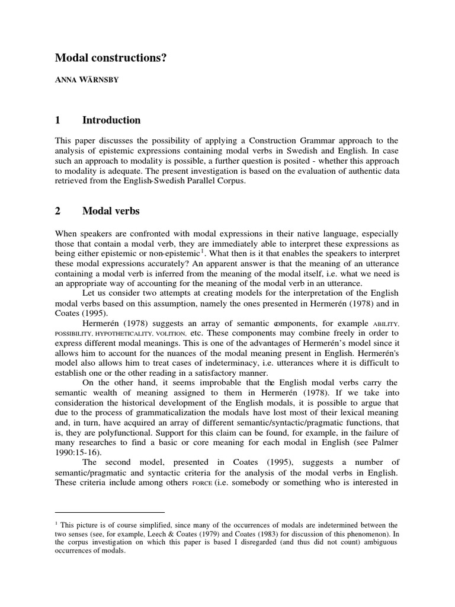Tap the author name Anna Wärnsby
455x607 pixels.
pyautogui.click(x=86, y=80)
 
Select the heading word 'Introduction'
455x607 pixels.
pyautogui.click(x=112, y=120)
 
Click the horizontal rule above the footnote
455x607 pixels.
pyautogui.click(x=110, y=512)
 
